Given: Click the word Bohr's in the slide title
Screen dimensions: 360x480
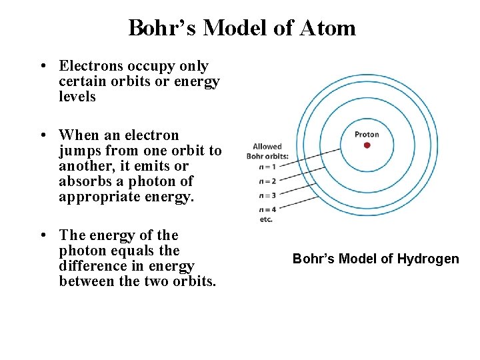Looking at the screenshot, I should pos(162,28).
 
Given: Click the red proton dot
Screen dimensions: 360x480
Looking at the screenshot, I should pos(367,145).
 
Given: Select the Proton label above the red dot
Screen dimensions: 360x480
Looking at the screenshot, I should pos(367,135).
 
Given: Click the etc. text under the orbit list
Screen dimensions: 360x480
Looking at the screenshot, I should pos(266,219).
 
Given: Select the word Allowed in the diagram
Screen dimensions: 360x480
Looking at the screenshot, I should pos(267,147).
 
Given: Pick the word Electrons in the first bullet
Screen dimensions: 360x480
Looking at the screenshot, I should pos(91,66).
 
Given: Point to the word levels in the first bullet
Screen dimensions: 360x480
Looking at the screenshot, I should pos(77,97).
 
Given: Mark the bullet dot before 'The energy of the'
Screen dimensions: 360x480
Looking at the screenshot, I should pos(43,235).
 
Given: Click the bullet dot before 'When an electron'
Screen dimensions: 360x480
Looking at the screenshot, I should pos(43,135).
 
